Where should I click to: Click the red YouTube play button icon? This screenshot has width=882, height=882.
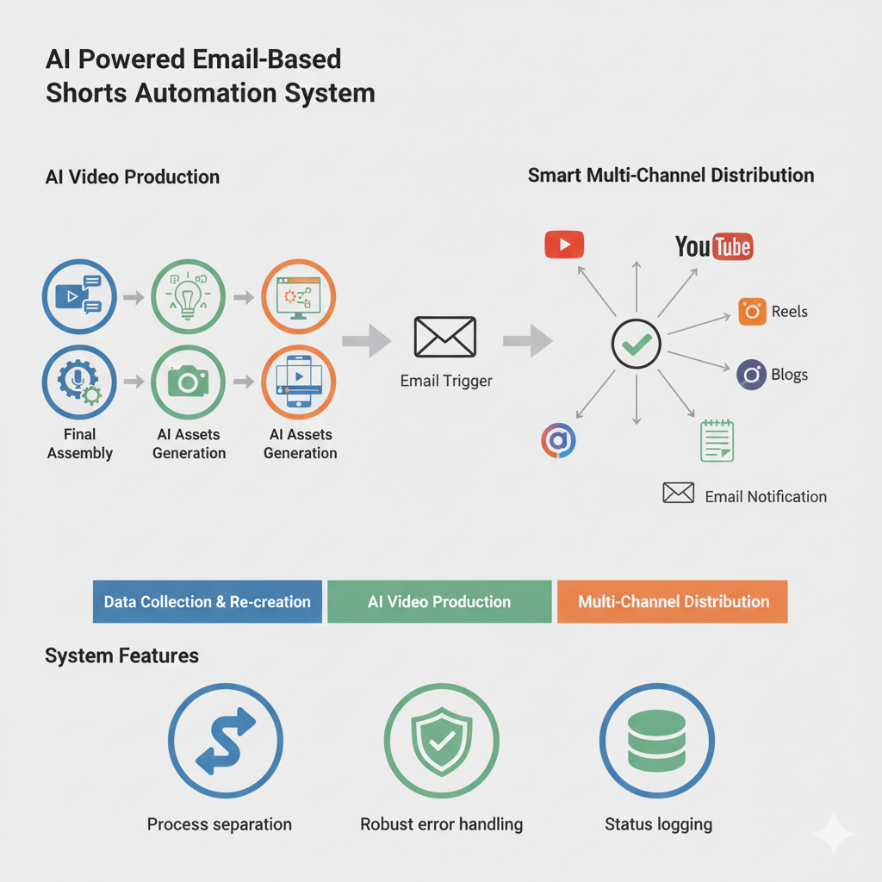pyautogui.click(x=564, y=245)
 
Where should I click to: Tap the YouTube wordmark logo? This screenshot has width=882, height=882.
pyautogui.click(x=714, y=246)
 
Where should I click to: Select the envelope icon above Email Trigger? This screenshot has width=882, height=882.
pyautogui.click(x=444, y=337)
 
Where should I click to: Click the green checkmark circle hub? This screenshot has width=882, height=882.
pyautogui.click(x=636, y=345)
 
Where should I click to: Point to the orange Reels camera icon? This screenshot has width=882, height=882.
pyautogui.click(x=752, y=311)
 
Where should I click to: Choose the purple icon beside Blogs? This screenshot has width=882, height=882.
pyautogui.click(x=752, y=375)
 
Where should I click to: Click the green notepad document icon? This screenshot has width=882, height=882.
pyautogui.click(x=717, y=441)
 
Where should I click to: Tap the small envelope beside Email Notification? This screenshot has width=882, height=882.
pyautogui.click(x=679, y=493)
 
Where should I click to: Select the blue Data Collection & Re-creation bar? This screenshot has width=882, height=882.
pyautogui.click(x=207, y=602)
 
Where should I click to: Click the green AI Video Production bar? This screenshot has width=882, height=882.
pyautogui.click(x=439, y=602)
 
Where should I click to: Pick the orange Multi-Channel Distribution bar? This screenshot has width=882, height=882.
pyautogui.click(x=673, y=602)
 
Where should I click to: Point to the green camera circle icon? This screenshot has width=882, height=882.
pyautogui.click(x=188, y=382)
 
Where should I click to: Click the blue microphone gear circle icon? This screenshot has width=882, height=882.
pyautogui.click(x=79, y=382)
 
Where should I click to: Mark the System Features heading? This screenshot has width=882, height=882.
pyautogui.click(x=121, y=656)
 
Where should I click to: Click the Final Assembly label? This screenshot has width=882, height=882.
pyautogui.click(x=79, y=444)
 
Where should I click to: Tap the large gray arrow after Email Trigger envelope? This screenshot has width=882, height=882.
pyautogui.click(x=527, y=340)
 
